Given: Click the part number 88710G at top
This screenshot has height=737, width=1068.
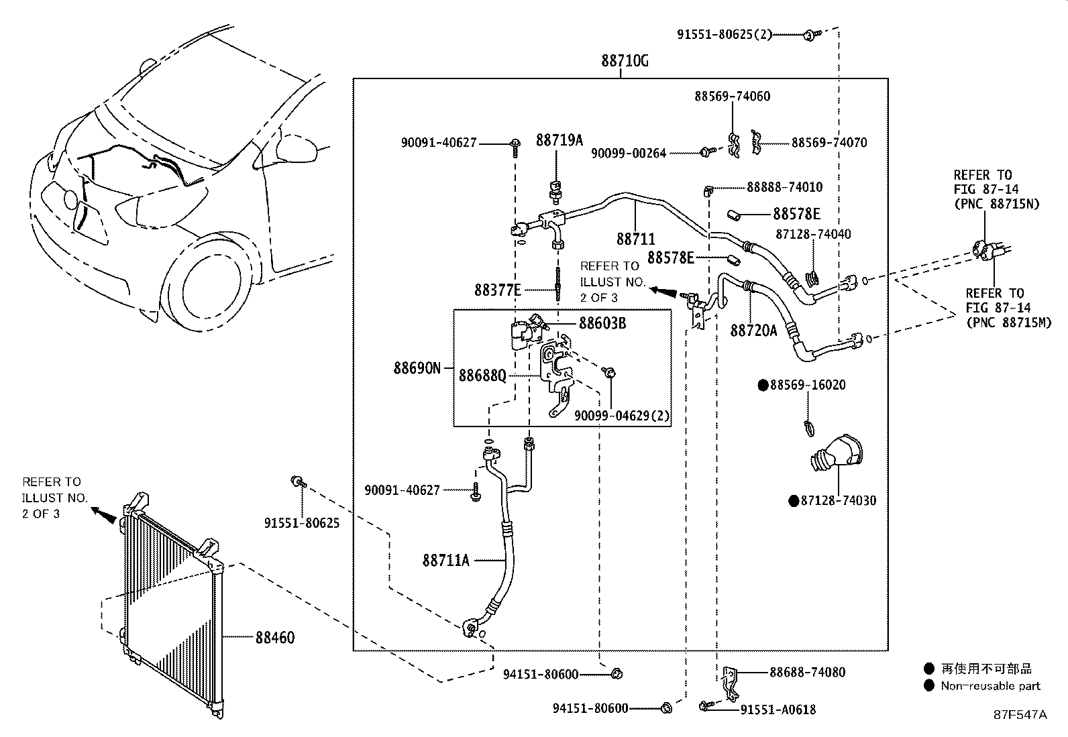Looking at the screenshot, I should click(x=624, y=61).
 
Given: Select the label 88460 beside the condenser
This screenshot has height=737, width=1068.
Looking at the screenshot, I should click(x=274, y=637).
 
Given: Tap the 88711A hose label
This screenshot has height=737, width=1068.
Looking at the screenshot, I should click(x=445, y=561).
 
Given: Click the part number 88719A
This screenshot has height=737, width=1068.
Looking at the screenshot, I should click(x=559, y=141).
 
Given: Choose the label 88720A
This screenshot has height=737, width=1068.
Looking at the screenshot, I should click(x=753, y=330).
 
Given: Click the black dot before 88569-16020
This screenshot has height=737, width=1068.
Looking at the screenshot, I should click(x=763, y=385).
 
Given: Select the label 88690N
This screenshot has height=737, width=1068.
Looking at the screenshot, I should click(x=417, y=368).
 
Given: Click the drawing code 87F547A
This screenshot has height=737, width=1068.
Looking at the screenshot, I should click(x=1020, y=715).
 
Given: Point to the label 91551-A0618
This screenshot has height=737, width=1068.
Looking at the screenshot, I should click(x=778, y=710).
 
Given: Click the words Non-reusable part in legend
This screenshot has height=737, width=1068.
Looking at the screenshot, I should click(x=990, y=686).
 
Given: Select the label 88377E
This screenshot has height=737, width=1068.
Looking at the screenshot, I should click(x=498, y=290).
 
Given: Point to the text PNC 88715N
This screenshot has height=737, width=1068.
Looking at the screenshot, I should click(x=996, y=205).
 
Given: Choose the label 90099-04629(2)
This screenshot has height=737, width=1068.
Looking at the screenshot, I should click(x=622, y=416).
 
